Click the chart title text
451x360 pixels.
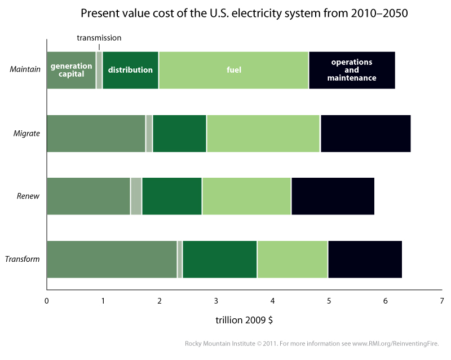click(244, 12)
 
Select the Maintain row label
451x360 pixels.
click(25, 70)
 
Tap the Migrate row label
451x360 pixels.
click(26, 133)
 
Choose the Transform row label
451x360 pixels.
click(23, 260)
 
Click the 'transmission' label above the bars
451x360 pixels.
click(99, 38)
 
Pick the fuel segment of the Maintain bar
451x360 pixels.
click(233, 70)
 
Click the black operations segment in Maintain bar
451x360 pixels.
click(352, 70)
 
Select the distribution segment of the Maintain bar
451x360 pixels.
click(130, 70)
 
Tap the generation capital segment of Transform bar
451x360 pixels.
click(112, 260)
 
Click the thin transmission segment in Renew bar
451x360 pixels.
click(136, 196)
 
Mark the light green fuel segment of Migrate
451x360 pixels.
click(263, 133)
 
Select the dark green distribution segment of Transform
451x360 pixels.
click(219, 260)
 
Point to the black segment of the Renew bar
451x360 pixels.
click(333, 196)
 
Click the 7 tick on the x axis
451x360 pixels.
click(442, 301)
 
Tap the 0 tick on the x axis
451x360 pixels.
click(47, 301)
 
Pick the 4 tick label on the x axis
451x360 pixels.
click(272, 301)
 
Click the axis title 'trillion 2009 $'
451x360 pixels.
click(244, 320)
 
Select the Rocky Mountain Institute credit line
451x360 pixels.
click(316, 343)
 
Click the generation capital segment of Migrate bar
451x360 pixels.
click(96, 133)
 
